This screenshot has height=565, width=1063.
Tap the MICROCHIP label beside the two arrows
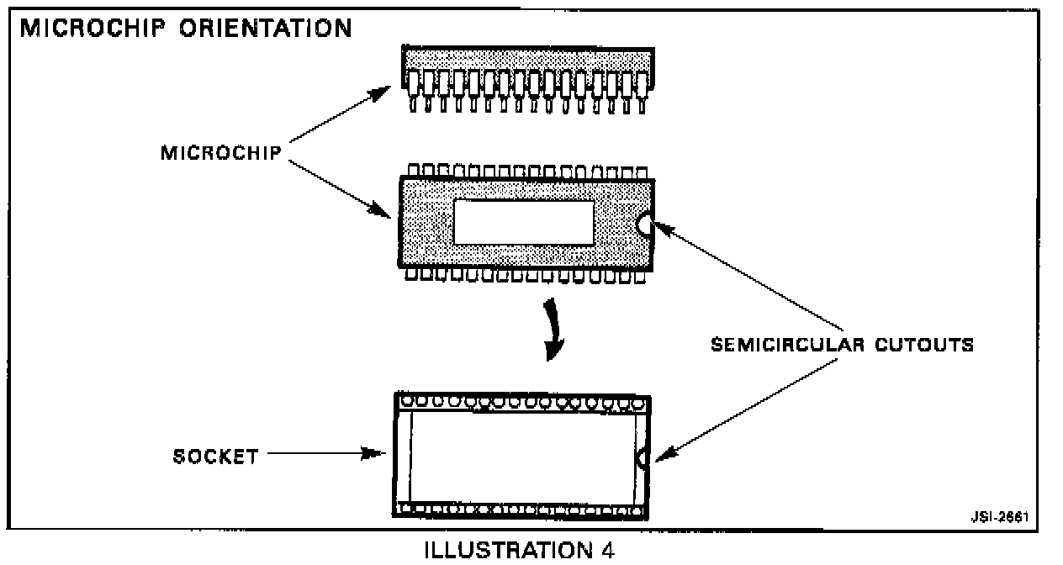221,155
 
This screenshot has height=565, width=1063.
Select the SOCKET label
215,457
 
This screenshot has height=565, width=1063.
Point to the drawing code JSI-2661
1003,515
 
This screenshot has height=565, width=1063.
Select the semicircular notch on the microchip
645,224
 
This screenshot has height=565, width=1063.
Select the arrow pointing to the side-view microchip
341,114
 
